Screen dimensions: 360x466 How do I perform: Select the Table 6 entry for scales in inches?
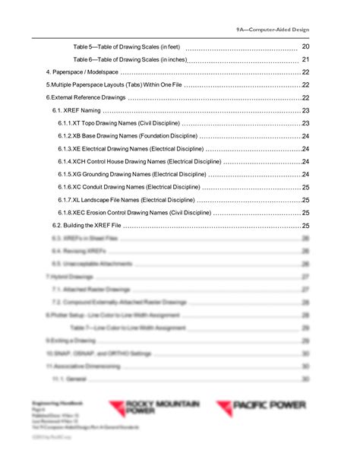coord(129,59)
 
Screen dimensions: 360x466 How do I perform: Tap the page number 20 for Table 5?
coord(305,46)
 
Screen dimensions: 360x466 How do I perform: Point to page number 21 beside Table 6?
coord(305,59)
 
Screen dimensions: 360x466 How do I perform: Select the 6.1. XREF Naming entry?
coord(77,111)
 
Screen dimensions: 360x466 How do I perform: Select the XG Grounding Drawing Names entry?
coord(131,175)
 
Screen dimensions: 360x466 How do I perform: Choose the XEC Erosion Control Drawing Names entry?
coord(133,213)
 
